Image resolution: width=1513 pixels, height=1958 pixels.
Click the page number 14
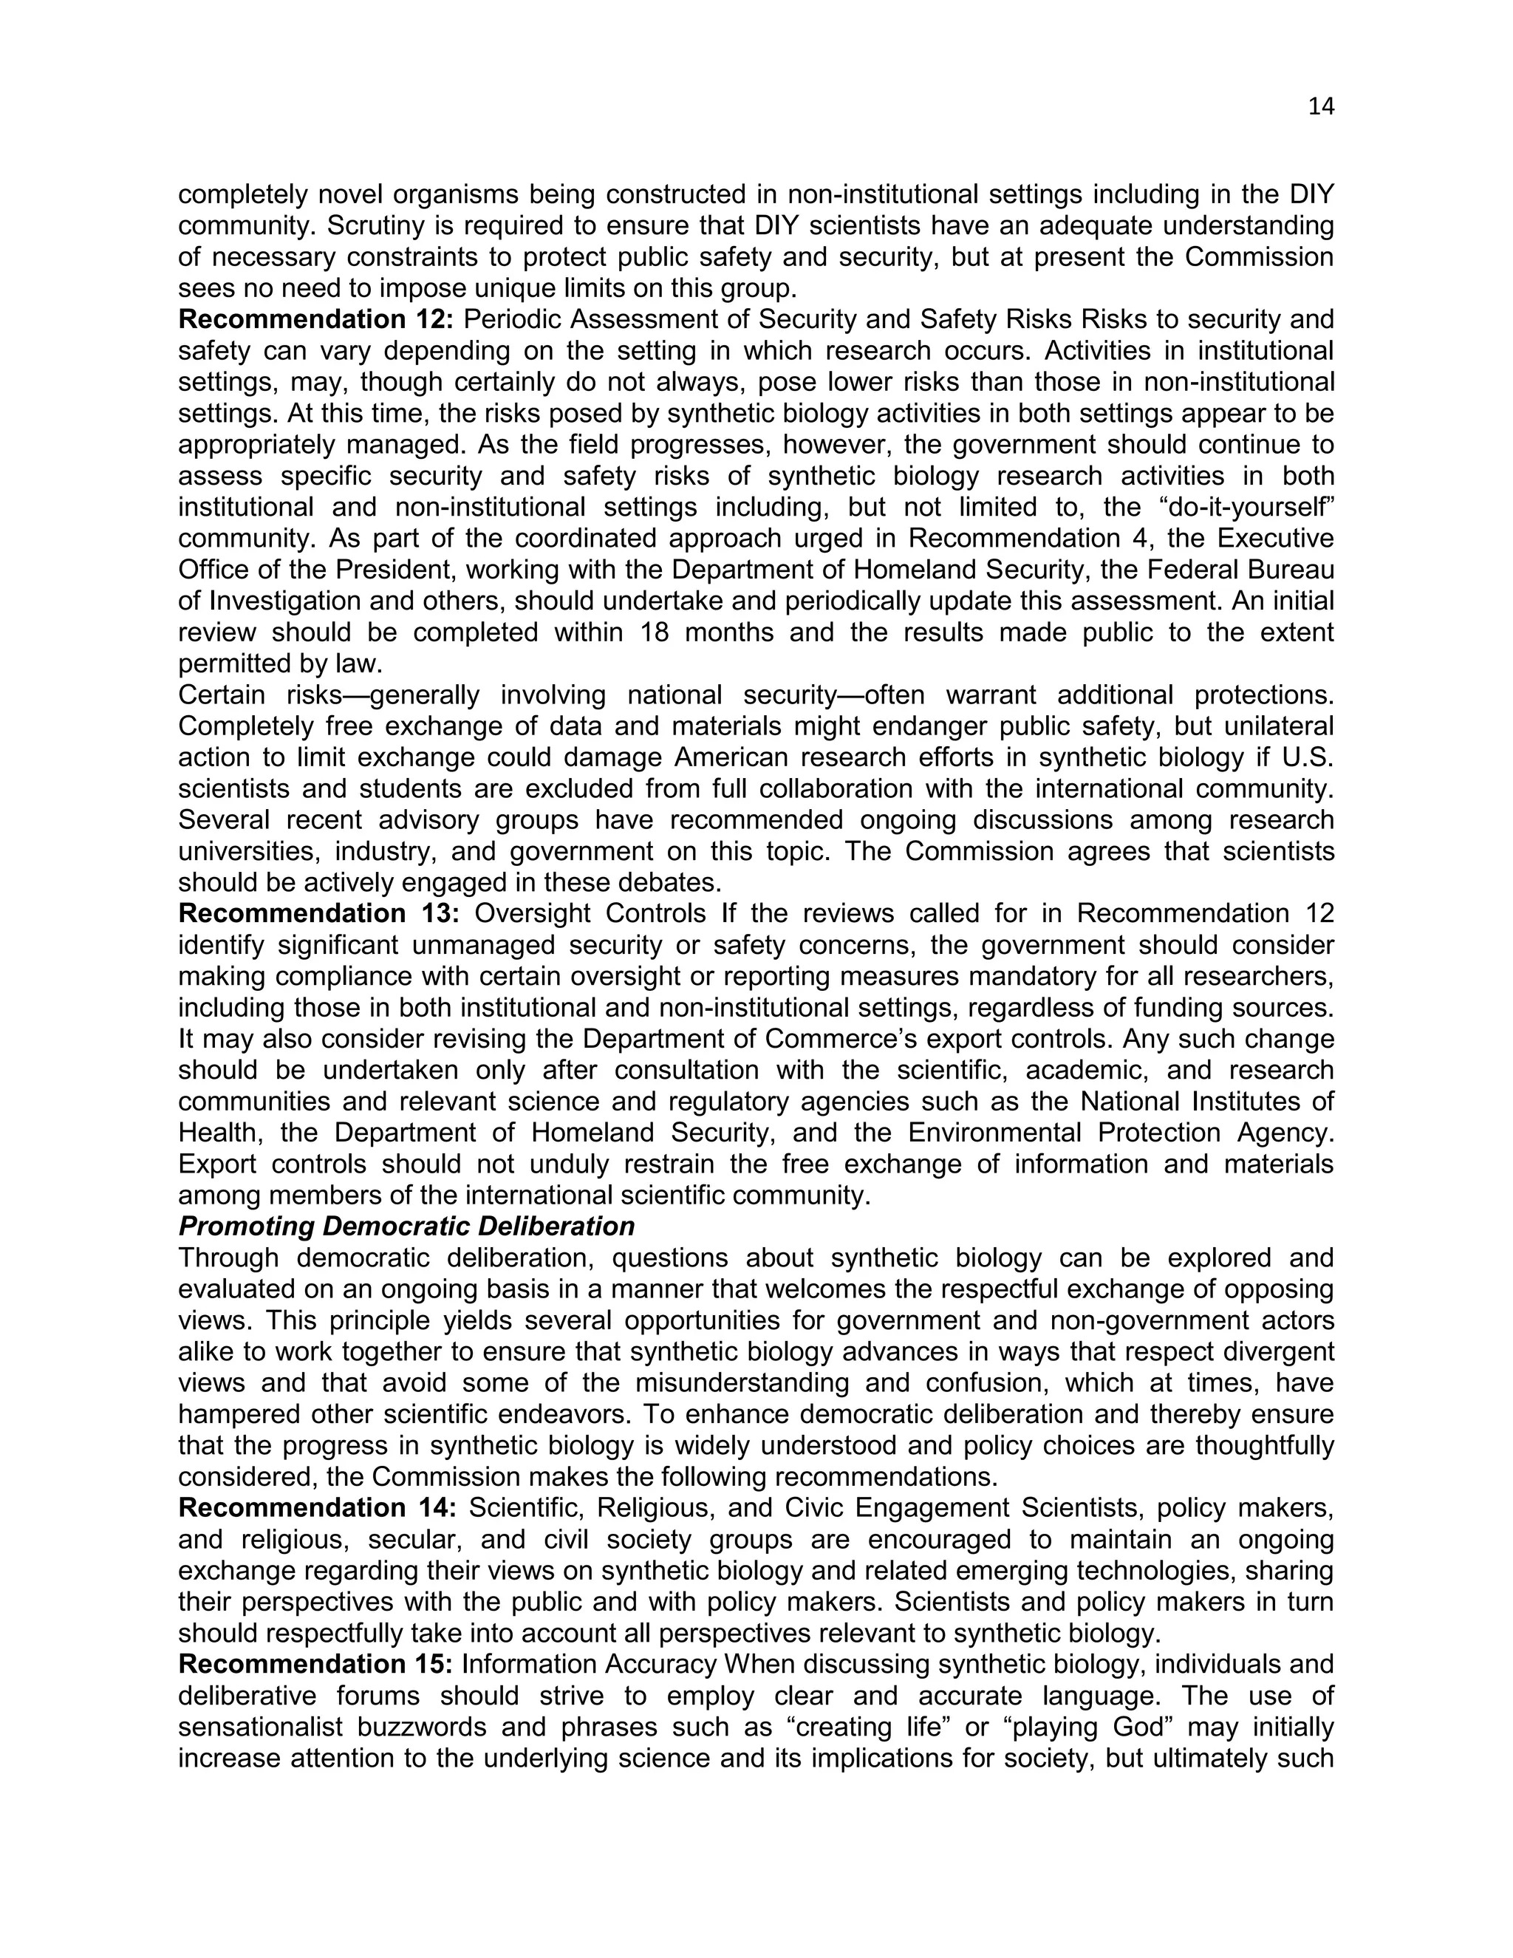1320,106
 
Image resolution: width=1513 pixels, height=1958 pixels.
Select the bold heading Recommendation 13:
318,913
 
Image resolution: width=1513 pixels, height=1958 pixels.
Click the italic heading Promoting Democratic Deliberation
406,1226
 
